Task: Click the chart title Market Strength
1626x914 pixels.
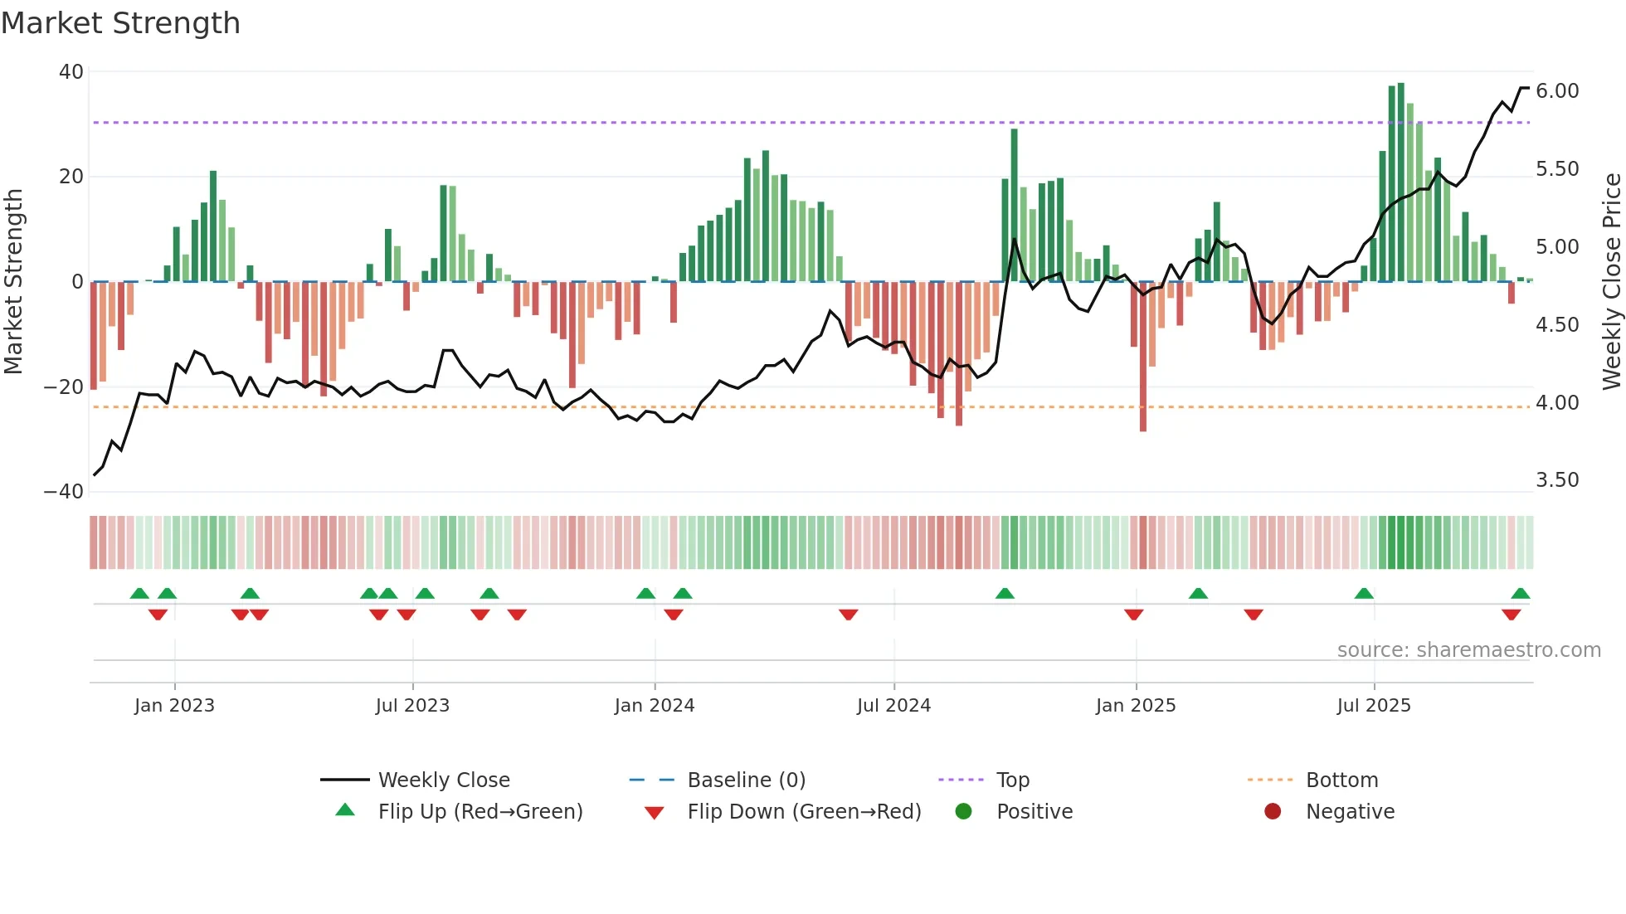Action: pos(120,23)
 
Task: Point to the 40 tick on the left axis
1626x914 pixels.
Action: pos(71,72)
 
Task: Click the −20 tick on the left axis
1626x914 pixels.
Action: pos(64,387)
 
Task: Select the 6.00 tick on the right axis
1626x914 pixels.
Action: pos(1557,91)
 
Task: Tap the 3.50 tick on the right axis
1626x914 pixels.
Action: pos(1557,480)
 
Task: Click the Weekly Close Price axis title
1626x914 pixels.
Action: pos(1611,281)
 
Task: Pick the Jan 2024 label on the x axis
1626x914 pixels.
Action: pos(654,706)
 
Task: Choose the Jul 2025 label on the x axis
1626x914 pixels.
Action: pos(1373,706)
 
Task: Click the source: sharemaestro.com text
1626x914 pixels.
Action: pos(1468,650)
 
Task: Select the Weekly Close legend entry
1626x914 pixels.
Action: pos(444,780)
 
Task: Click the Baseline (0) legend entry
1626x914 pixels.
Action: pos(746,780)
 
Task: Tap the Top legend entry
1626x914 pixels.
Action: pos(1012,780)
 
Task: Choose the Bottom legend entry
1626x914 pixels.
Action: pos(1341,780)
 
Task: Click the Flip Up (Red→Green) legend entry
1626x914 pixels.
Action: pos(480,812)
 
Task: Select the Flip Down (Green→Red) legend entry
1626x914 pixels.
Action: pos(804,812)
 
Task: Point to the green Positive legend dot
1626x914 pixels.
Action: pos(963,811)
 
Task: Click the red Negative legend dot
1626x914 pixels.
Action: pos(1273,811)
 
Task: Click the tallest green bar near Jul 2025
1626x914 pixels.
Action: pos(1400,182)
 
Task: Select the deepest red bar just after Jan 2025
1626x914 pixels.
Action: pos(1142,357)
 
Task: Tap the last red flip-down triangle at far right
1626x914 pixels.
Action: pos(1511,615)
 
